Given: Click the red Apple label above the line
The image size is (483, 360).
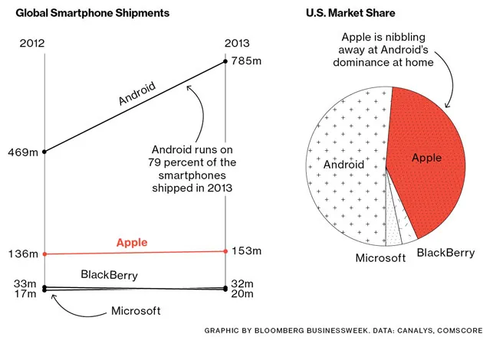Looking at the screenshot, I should click(131, 243).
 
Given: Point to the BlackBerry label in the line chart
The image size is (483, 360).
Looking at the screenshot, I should click(112, 274).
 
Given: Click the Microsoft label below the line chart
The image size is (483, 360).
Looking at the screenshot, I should click(136, 311).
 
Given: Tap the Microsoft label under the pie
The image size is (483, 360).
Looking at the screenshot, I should click(380, 258).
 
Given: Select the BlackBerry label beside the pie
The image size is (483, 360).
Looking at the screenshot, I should click(445, 252).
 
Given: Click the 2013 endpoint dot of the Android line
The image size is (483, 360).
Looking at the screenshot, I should click(225, 62).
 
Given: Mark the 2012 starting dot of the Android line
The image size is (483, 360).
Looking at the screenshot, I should click(44, 152).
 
